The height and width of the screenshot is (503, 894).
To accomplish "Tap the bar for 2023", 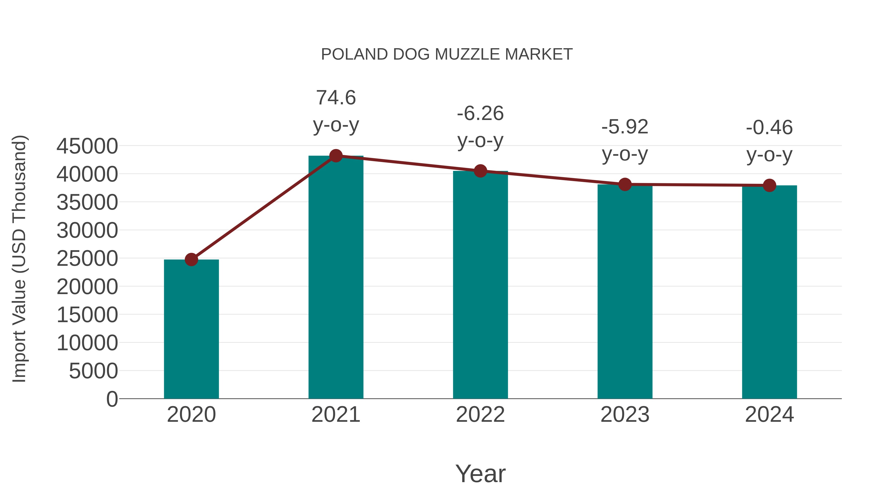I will pos(625,291).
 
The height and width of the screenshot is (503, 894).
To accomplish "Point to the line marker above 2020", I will pos(191,259).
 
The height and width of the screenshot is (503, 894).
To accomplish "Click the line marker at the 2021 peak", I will pos(335,156).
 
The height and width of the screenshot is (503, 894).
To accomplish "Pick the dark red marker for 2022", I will pos(480,171).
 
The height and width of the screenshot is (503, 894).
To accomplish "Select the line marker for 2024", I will pos(769,185).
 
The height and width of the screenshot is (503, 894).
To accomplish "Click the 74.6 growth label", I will pos(335,98).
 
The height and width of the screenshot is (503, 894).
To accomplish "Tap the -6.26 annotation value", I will pos(480,114).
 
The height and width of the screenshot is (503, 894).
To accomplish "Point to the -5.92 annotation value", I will pos(625,127).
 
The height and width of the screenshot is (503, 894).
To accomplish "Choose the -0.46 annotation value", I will pos(769,127).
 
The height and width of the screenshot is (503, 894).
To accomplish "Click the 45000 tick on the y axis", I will pos(87,146).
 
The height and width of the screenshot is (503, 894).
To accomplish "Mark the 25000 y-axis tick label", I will pos(87,259).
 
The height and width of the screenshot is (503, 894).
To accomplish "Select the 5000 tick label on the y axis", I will pos(93,371).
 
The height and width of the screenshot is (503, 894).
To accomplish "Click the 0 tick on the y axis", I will pos(112,399).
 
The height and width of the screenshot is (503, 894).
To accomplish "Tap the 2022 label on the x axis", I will pos(480,415).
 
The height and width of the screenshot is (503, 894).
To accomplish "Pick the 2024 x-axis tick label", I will pos(769,415).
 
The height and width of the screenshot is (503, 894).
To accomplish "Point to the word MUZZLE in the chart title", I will pos(467,54).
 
